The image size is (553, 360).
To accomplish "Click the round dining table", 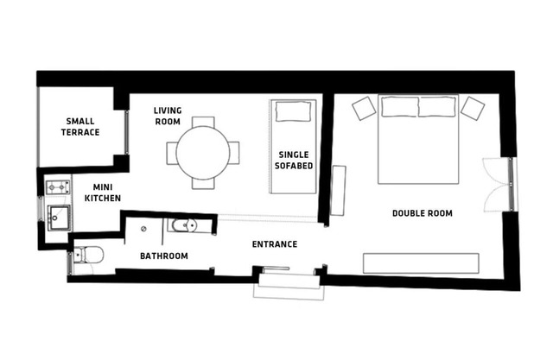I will click(x=203, y=153).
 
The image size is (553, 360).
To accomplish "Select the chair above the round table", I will click(x=203, y=123).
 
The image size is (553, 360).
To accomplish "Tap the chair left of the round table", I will click(x=172, y=153).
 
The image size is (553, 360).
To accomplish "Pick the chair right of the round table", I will click(x=234, y=153).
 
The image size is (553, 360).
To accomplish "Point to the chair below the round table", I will click(x=203, y=183).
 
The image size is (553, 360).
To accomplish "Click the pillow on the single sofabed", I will click(x=292, y=111).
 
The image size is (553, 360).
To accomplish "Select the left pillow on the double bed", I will click(x=399, y=106).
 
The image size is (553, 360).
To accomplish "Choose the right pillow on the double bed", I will click(x=437, y=106).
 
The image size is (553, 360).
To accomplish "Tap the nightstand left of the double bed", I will click(x=364, y=108).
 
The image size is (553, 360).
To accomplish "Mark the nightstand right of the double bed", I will click(x=473, y=108).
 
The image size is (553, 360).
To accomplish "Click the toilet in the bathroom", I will click(x=88, y=255).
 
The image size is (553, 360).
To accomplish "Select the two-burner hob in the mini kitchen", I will click(x=57, y=186).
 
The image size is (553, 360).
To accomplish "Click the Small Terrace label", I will click(x=81, y=127).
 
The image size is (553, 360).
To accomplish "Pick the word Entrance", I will click(x=275, y=244).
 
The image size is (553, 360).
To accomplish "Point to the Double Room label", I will click(x=423, y=213).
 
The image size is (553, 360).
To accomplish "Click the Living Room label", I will click(x=167, y=116).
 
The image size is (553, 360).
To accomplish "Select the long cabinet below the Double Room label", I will click(x=421, y=263).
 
